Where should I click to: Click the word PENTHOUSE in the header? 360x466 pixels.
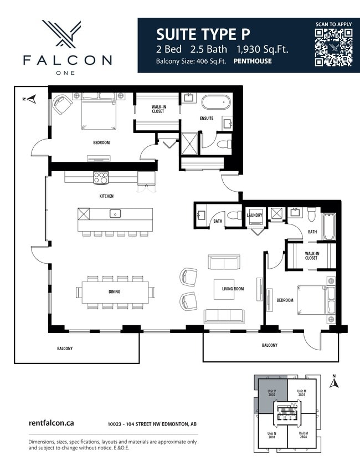click(253, 62)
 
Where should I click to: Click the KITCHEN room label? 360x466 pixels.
click(106, 196)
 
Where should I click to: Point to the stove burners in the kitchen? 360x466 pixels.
click(101, 178)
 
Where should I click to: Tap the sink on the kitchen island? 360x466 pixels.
click(115, 213)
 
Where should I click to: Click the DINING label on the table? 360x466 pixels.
click(115, 291)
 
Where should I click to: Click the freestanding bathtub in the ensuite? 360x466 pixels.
click(215, 103)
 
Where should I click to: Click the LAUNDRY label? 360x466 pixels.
click(254, 216)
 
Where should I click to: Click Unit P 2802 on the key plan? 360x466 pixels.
click(272, 395)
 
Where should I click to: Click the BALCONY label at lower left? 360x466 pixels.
click(65, 349)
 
